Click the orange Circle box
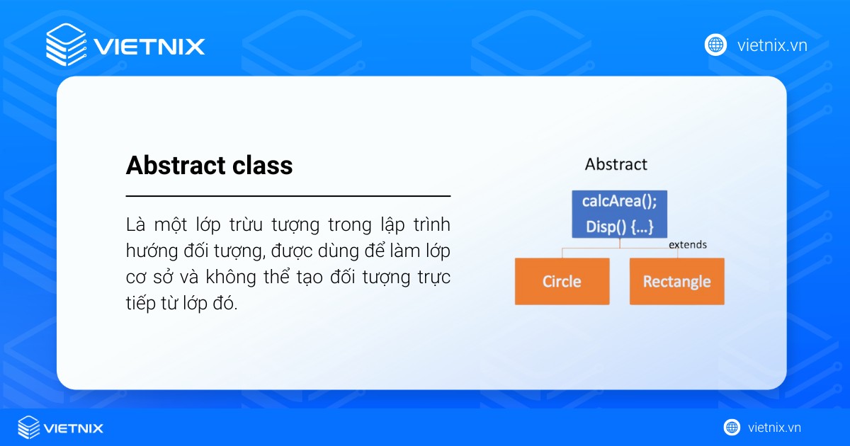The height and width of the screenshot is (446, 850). tap(562, 281)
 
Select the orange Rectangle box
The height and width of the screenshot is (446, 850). tap(676, 281)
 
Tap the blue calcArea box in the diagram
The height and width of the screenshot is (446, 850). tap(619, 214)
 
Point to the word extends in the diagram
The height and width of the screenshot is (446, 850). tap(688, 245)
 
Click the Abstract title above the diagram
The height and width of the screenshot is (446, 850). tap(616, 164)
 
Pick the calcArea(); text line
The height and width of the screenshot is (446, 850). tap(619, 201)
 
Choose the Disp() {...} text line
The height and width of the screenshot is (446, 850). tap(619, 227)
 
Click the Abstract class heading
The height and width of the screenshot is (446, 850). tap(209, 166)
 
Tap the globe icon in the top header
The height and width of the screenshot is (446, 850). tap(715, 45)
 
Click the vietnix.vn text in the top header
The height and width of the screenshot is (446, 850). tap(772, 45)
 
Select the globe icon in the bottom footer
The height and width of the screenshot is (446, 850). tap(732, 427)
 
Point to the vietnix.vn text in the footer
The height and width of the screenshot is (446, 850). tap(774, 428)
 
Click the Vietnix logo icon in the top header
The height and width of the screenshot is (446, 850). tap(66, 45)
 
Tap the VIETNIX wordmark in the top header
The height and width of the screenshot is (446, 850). tap(149, 47)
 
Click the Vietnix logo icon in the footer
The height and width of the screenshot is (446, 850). tap(28, 428)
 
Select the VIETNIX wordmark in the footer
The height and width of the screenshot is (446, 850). tap(74, 428)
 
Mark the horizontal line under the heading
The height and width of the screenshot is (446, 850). tap(288, 195)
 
